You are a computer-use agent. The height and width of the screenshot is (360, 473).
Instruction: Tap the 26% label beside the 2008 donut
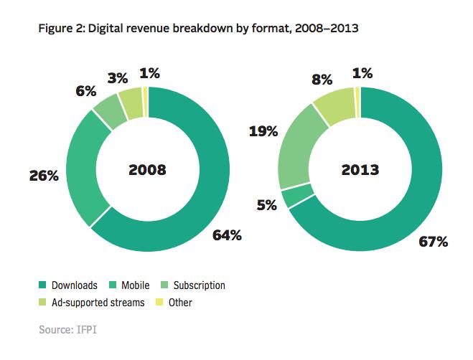(x=43, y=174)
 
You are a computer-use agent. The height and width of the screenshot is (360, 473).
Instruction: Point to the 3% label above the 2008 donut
(x=117, y=76)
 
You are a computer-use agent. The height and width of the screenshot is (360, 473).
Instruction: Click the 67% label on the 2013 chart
(x=433, y=241)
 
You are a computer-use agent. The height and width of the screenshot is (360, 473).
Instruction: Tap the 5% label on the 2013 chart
(x=266, y=205)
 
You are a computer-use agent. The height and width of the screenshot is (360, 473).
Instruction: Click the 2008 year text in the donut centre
(x=147, y=170)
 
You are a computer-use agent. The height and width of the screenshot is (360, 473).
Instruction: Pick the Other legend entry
(x=175, y=303)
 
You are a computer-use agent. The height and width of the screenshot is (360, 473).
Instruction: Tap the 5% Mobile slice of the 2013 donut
(x=291, y=196)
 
